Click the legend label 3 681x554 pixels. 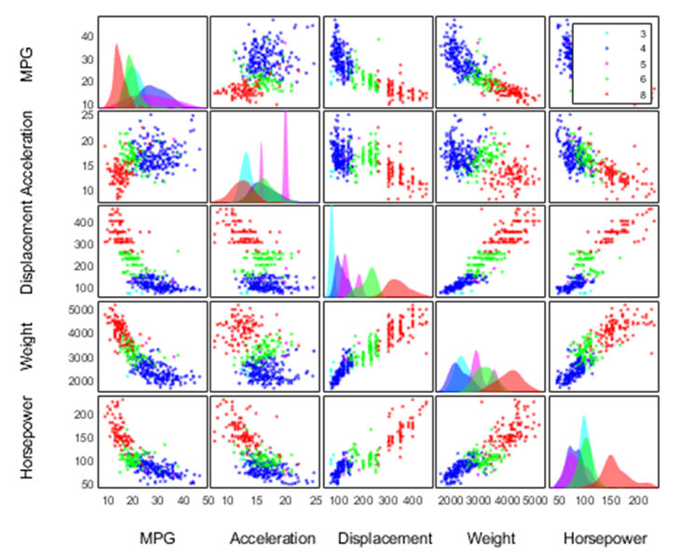coord(642,34)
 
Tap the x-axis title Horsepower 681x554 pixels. coord(604,538)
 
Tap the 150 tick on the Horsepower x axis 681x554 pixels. coord(610,501)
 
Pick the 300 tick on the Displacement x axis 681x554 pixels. coord(383,501)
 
